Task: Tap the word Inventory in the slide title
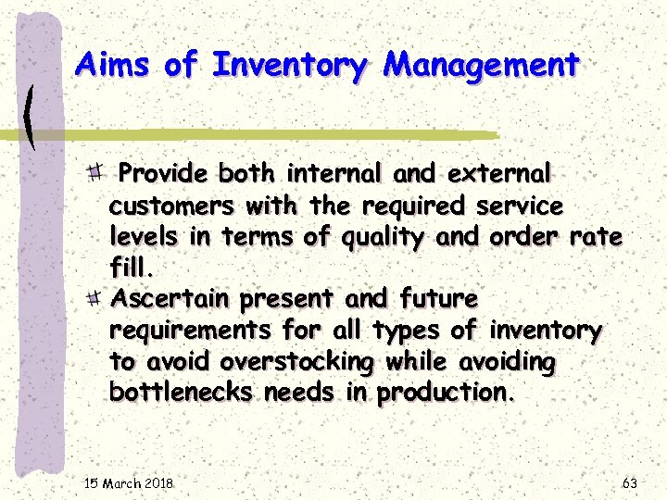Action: (290, 66)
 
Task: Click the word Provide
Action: (164, 173)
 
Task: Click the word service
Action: (520, 205)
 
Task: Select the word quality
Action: (381, 237)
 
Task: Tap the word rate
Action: (596, 236)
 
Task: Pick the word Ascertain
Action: (170, 299)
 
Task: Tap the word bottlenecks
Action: (181, 392)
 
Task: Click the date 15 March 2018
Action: (129, 483)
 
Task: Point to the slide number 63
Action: (629, 483)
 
